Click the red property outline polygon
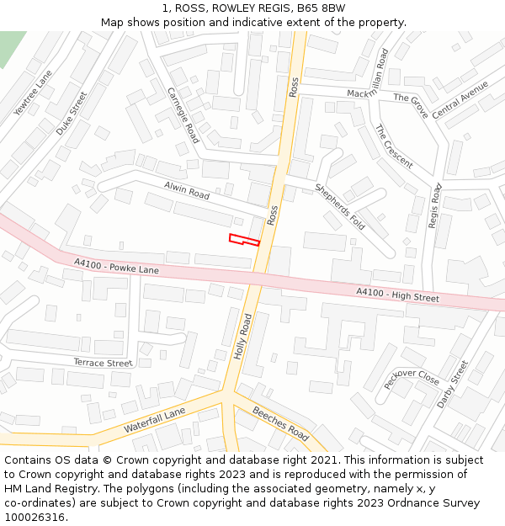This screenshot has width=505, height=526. pos(242,240)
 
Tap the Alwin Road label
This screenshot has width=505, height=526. pos(187,191)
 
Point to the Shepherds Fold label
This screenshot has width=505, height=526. pos(339,205)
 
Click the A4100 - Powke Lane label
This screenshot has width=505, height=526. pos(116,267)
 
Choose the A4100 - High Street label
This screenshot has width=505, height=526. pos(397,295)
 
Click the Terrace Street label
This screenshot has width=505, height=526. pos(103,363)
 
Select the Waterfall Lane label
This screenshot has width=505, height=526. pos(154,421)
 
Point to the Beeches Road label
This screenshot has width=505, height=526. pos(282,422)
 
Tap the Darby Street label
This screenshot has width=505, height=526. pos(452,385)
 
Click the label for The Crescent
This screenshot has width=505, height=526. pos(394,146)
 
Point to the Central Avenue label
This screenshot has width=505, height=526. pos(460,100)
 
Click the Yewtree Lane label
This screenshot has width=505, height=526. pos(33,93)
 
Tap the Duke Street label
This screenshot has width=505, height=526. pos(72,114)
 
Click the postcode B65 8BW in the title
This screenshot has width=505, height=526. pos(322,8)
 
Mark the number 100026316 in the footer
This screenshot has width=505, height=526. pos(35,518)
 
